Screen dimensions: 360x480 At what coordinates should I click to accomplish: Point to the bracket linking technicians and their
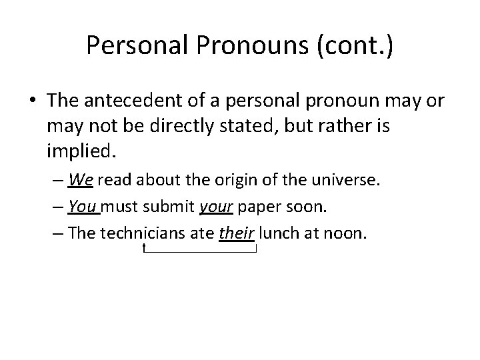click(200, 251)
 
